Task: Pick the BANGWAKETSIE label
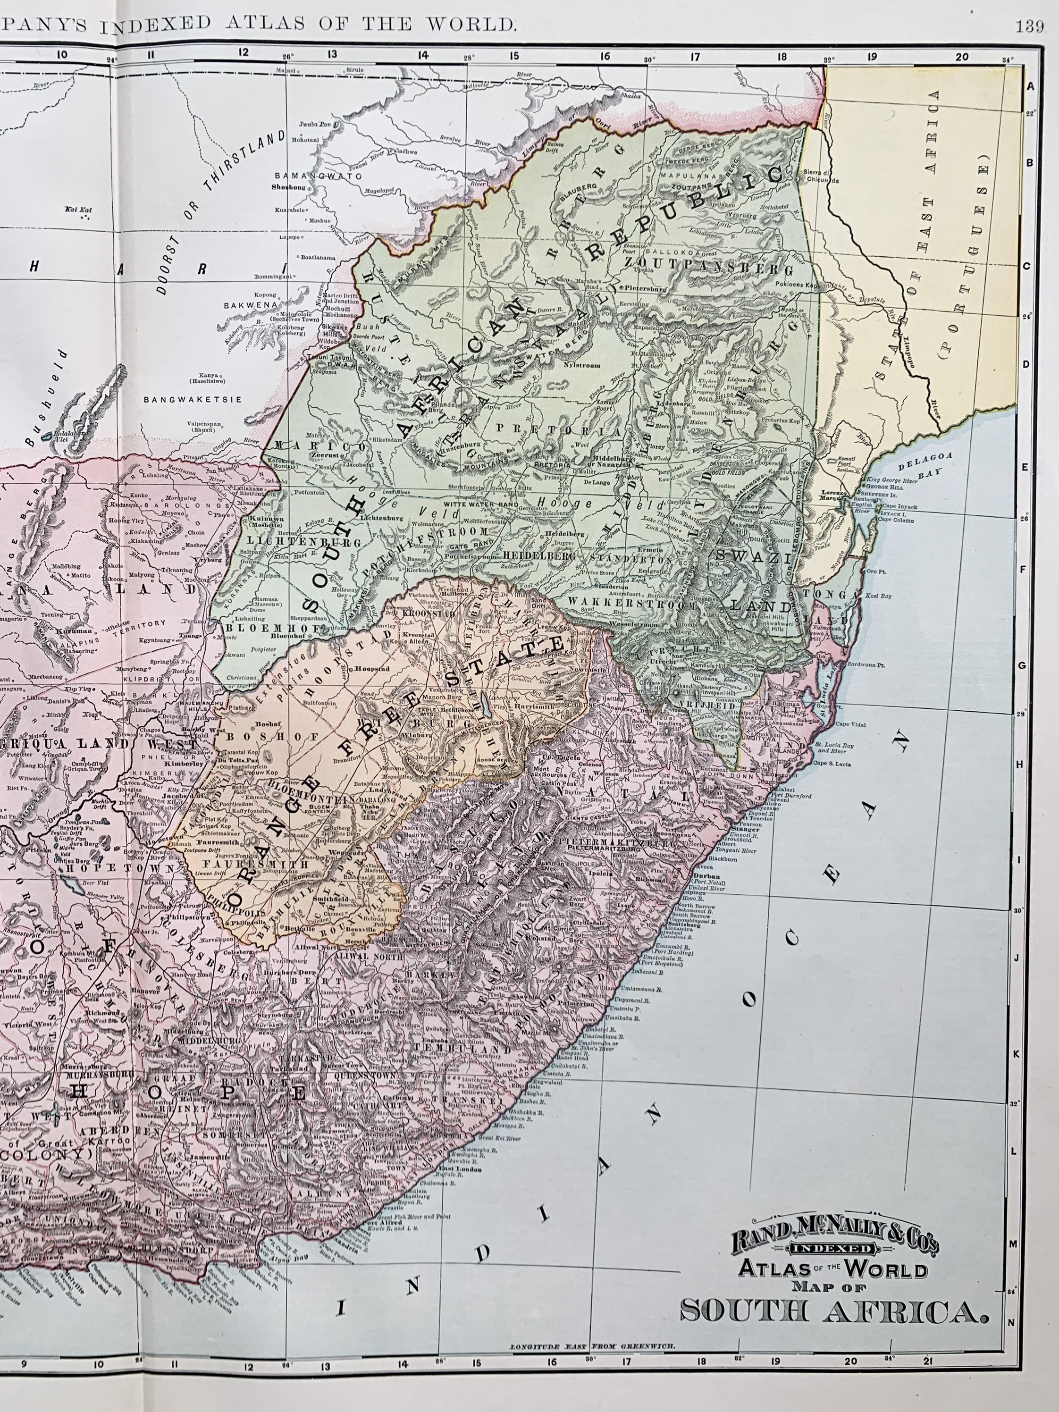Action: pos(193,400)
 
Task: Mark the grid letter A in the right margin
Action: pos(1030,87)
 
